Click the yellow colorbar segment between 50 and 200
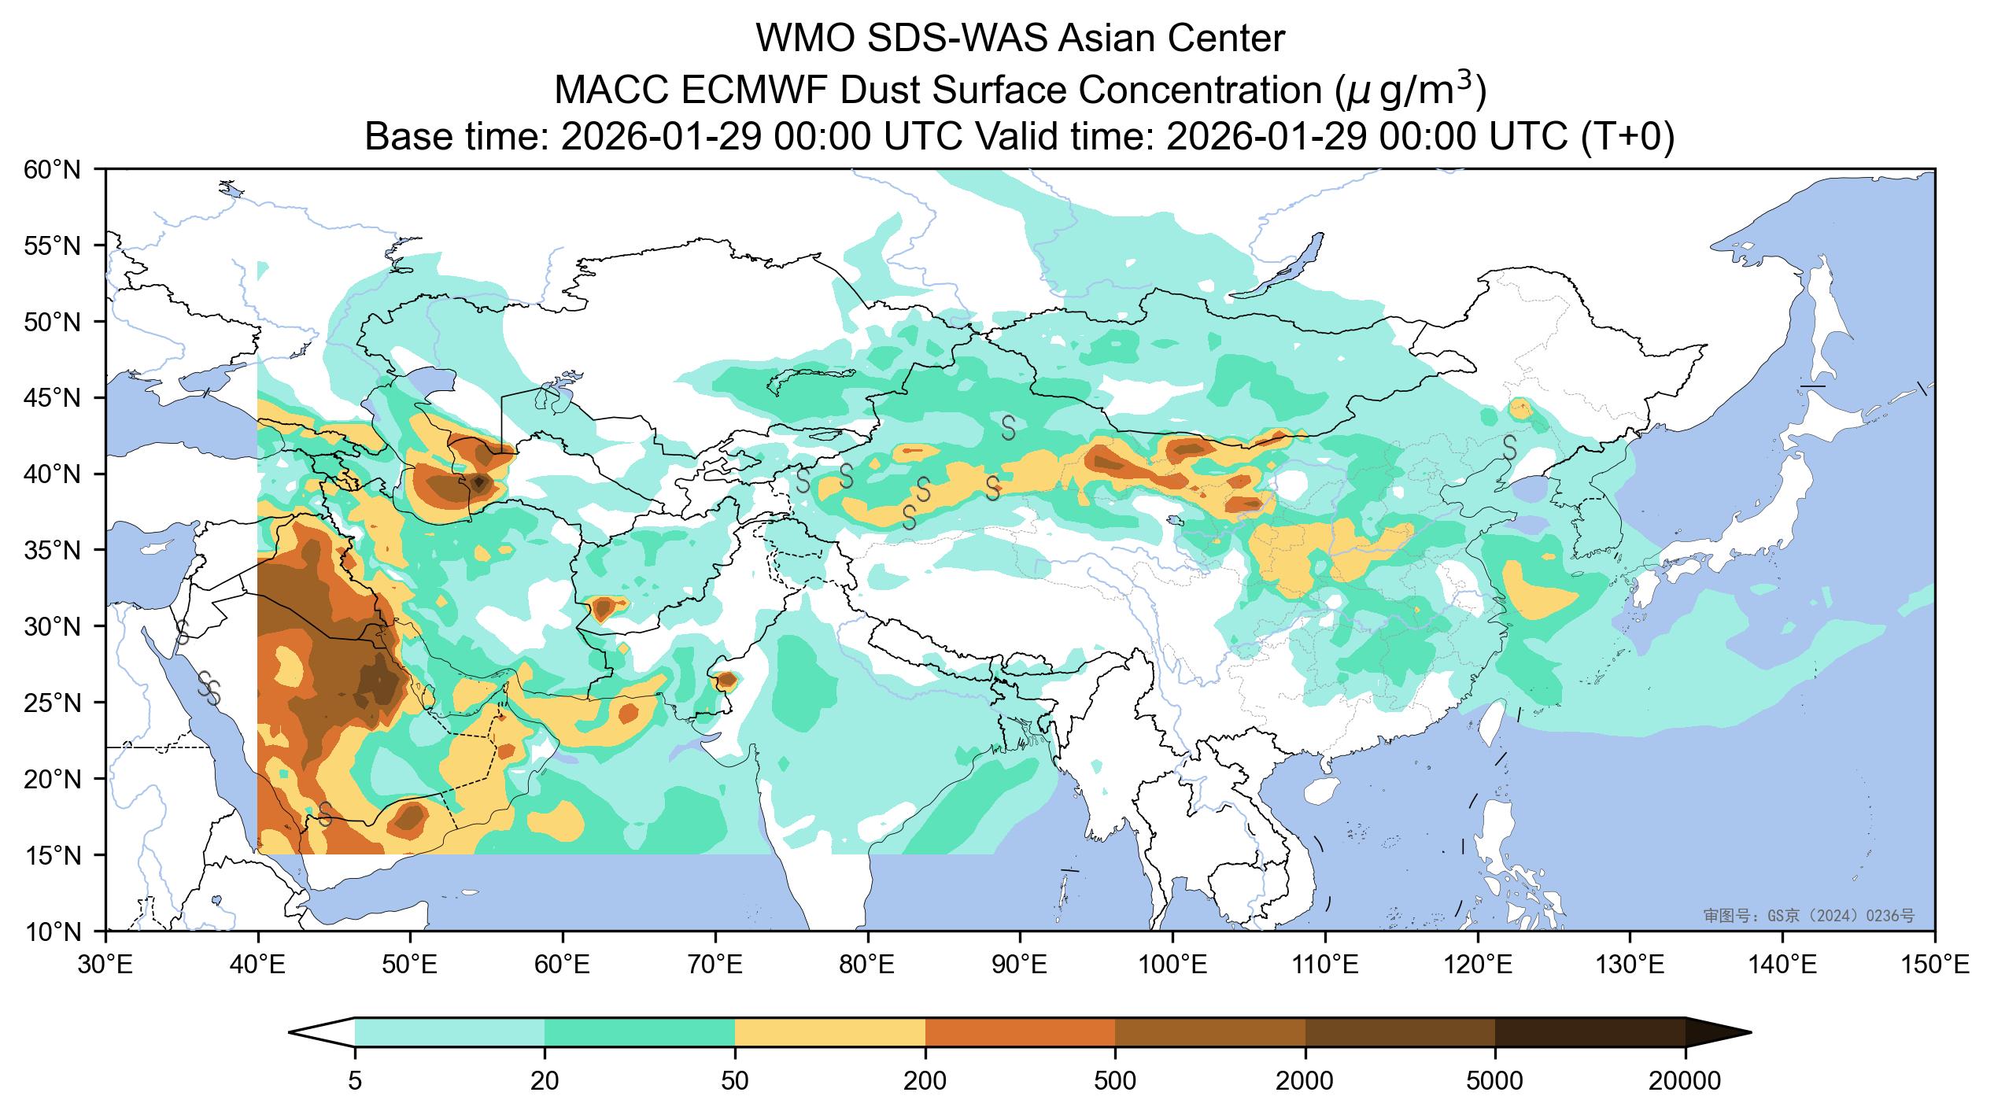(x=829, y=1032)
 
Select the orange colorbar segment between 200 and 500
(x=1020, y=1032)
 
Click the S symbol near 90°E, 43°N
(x=1008, y=427)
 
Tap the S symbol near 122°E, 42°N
(x=1509, y=446)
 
